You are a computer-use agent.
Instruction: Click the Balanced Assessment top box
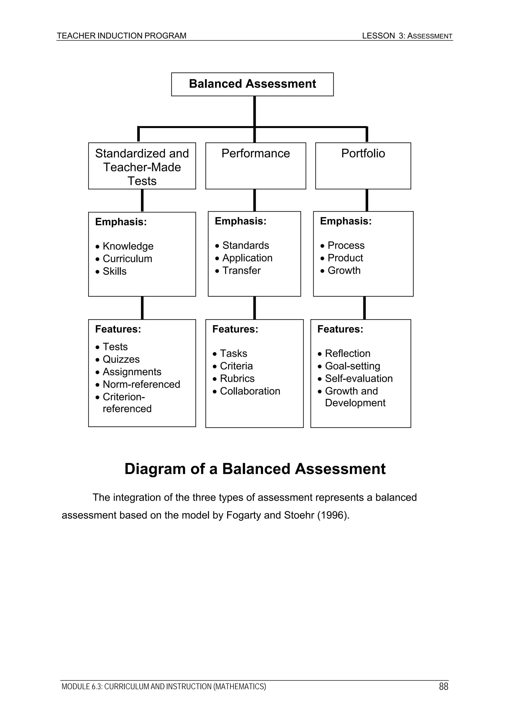pos(252,84)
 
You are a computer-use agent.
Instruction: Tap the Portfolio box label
pos(363,154)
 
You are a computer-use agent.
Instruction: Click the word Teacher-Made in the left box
pos(142,167)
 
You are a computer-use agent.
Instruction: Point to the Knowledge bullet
pos(128,246)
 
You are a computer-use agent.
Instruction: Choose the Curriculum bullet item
pos(127,258)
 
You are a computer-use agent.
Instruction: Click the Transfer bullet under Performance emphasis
pos(241,270)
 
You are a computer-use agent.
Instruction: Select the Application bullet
pos(247,258)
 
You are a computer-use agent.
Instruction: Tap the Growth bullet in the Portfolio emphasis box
pos(344,270)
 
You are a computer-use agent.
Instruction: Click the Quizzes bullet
pos(121,359)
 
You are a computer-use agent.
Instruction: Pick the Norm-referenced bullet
pos(141,384)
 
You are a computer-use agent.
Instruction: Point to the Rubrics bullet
pos(237,378)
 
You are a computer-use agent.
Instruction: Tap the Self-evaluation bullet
pos(359,378)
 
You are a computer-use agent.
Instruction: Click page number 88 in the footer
pos(443,686)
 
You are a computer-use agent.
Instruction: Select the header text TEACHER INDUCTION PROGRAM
pos(122,36)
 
